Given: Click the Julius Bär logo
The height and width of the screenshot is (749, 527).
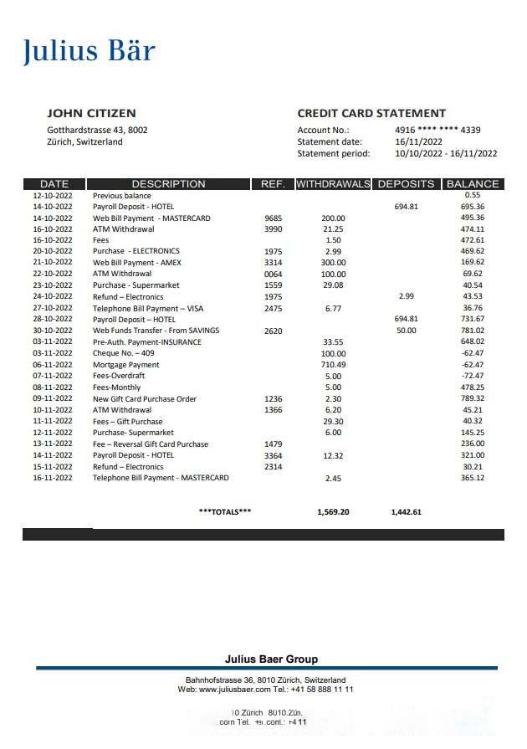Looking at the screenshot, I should pyautogui.click(x=89, y=51).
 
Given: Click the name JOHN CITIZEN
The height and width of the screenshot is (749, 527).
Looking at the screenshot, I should pyautogui.click(x=91, y=113).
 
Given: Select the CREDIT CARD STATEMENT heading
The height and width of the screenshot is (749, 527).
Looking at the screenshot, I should pyautogui.click(x=371, y=113).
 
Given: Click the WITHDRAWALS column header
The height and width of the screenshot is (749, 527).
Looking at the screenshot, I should pyautogui.click(x=333, y=184).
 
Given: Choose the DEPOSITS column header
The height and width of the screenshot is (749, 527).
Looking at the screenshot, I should pyautogui.click(x=406, y=184).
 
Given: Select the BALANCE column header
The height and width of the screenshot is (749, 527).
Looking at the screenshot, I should pyautogui.click(x=473, y=184).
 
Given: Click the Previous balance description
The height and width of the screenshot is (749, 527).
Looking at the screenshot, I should pyautogui.click(x=122, y=195).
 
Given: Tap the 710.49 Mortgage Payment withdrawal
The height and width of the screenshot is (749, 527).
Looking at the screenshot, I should pyautogui.click(x=333, y=365).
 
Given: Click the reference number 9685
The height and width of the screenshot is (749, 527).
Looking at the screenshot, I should pyautogui.click(x=274, y=218).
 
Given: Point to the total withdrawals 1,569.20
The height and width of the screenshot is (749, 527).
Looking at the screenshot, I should pyautogui.click(x=333, y=511).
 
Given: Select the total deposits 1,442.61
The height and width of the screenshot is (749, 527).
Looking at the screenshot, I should pyautogui.click(x=406, y=511).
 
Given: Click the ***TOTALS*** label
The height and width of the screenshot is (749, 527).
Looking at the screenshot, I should pyautogui.click(x=225, y=511).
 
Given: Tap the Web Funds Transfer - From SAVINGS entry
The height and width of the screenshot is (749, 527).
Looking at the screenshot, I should pyautogui.click(x=150, y=331).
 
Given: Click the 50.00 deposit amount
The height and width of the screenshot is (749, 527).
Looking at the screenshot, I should pyautogui.click(x=406, y=331).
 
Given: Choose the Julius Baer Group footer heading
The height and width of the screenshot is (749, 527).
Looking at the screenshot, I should pyautogui.click(x=271, y=659).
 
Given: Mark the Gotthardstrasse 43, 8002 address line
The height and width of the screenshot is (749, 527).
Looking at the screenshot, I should pyautogui.click(x=97, y=130).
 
